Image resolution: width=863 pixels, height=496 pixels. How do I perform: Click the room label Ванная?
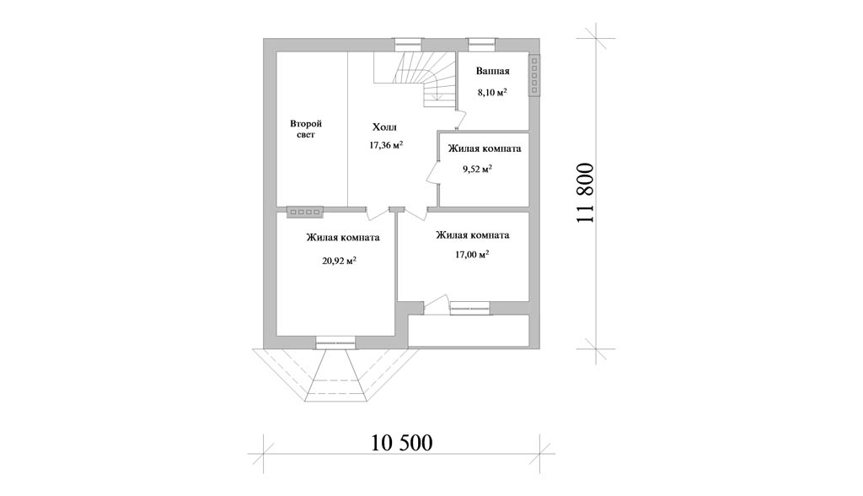pos(492,71)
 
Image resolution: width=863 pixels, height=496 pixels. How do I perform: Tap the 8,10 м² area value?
pos(492,92)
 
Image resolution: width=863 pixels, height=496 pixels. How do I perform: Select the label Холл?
pos(384,128)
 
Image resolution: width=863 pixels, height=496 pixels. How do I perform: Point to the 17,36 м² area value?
pos(386,145)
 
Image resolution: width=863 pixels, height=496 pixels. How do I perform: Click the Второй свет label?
pos(306,129)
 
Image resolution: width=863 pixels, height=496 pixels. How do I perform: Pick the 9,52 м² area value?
pos(477,170)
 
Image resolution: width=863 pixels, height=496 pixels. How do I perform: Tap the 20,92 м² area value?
pos(339,261)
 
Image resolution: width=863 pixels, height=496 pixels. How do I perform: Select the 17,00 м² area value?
pos(472,255)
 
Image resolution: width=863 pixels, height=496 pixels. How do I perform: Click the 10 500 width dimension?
pos(402,443)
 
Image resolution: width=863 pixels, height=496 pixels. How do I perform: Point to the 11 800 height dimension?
pos(586,193)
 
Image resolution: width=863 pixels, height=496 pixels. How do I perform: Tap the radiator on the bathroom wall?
pos(534,76)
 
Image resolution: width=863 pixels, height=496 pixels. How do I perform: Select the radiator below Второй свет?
pos(305,211)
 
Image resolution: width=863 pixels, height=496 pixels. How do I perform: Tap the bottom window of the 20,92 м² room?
pos(335,342)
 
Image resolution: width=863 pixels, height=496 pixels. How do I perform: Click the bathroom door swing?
pos(461,117)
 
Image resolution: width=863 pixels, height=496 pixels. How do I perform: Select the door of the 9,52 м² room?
pos(433,172)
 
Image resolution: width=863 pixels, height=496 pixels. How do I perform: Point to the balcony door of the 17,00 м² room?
pos(437,305)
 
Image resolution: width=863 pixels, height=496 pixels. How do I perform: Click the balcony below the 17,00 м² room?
pos(469,330)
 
